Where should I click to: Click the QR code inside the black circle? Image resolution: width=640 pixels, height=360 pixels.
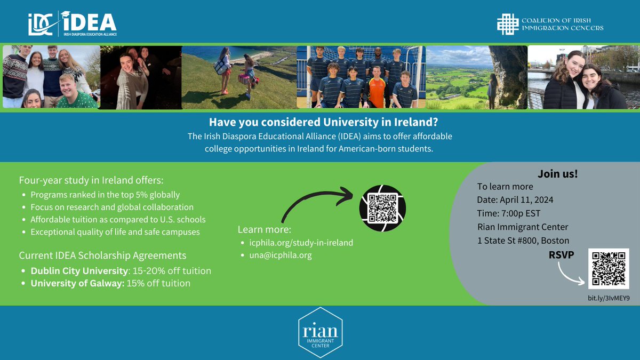click(382, 208)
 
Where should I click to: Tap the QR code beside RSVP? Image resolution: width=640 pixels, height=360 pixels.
click(608, 269)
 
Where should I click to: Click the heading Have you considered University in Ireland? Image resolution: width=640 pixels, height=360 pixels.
click(319, 122)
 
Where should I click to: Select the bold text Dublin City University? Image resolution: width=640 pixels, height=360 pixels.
click(79, 271)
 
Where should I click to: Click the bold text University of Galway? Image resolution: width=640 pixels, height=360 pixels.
click(77, 283)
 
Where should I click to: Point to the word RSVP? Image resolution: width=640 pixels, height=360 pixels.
click(561, 254)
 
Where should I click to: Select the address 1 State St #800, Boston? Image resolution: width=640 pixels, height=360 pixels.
click(523, 240)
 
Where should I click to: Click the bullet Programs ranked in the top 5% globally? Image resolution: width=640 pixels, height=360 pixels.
click(105, 195)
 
